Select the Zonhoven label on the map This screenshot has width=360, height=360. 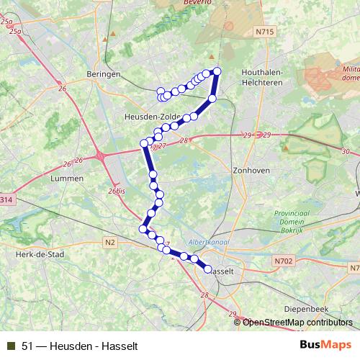251,171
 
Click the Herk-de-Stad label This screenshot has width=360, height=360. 40,254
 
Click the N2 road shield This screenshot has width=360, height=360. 109,243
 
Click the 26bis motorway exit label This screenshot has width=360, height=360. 116,191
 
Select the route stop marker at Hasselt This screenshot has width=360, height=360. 207,269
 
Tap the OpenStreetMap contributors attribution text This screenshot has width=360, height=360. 297,323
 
